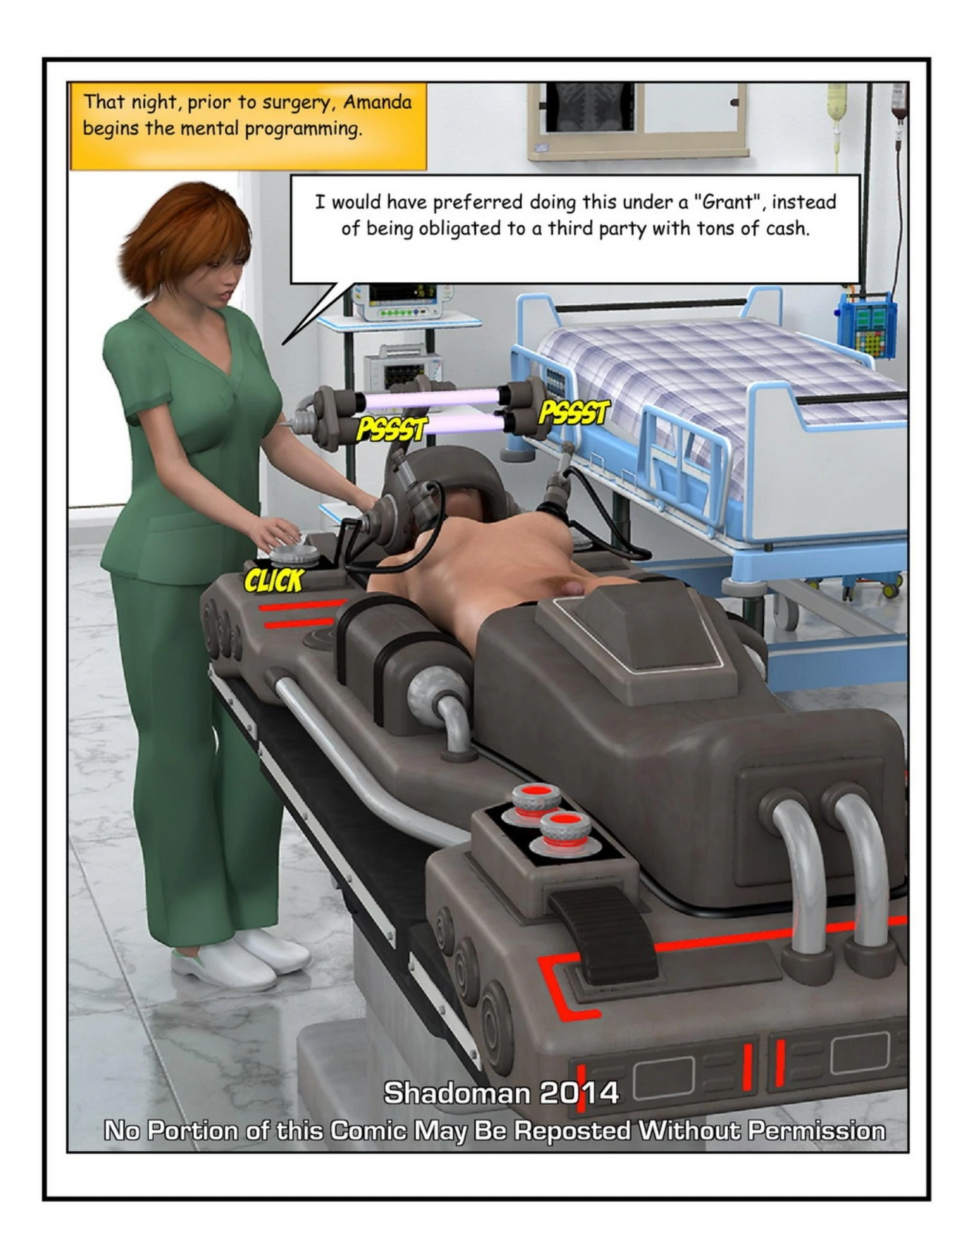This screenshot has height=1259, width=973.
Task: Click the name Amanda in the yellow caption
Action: point(377,101)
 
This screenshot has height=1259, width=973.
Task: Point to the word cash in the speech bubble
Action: point(787,228)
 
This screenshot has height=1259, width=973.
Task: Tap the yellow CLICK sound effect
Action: point(274,580)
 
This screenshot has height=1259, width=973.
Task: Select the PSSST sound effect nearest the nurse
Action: point(392,428)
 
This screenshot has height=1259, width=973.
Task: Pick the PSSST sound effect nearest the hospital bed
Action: point(574,413)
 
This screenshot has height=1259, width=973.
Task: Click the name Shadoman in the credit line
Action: point(457,1092)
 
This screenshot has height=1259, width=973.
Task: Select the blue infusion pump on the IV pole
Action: point(866,324)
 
